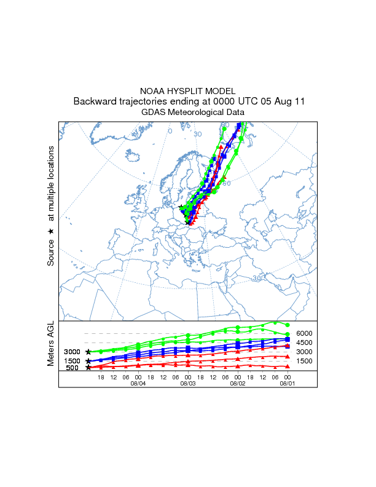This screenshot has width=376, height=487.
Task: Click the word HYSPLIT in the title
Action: (188, 90)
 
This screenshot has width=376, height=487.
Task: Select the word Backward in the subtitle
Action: (94, 101)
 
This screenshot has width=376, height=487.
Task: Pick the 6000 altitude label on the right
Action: (305, 333)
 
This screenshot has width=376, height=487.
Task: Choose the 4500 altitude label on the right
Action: (305, 342)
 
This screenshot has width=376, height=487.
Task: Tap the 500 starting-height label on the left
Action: (72, 368)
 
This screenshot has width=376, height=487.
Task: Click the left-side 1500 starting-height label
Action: (72, 361)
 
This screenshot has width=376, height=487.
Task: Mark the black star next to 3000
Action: (88, 352)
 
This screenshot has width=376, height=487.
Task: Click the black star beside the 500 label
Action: (88, 368)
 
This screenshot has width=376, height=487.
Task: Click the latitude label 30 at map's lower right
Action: (257, 279)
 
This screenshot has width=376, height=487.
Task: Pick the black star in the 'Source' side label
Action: (51, 231)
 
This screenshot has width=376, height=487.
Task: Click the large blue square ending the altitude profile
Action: (288, 339)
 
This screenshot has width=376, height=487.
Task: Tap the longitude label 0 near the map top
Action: (170, 131)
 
